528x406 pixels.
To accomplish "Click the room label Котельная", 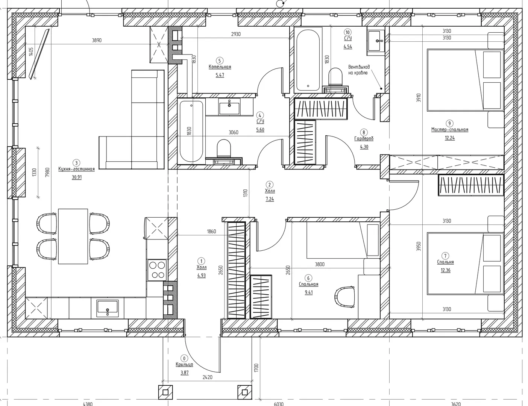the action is tap(220, 67).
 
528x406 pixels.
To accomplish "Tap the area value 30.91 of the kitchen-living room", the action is tap(77, 177).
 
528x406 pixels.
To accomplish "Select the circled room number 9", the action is tap(449, 123).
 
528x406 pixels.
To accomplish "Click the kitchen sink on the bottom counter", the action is tap(108, 308).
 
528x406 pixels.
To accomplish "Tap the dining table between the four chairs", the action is tap(73, 236).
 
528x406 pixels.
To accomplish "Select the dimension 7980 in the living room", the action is tap(48, 172).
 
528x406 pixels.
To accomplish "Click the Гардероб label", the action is tap(364, 139).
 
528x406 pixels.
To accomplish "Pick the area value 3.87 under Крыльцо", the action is tap(184, 373).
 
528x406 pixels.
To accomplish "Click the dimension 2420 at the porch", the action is tap(207, 377).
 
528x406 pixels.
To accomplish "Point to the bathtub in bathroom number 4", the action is tap(191, 131).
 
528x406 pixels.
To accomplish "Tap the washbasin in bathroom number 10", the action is tap(376, 41).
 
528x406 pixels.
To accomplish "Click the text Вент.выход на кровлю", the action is tap(359, 70).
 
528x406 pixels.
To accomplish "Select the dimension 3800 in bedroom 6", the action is tap(320, 264).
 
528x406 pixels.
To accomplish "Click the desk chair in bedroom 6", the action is tap(344, 297).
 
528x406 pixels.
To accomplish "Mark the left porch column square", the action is tap(165, 392).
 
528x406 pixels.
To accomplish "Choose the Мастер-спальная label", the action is tap(449, 130).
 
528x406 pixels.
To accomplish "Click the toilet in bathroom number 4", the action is tap(223, 148).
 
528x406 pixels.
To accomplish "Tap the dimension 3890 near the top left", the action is tap(97, 40).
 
